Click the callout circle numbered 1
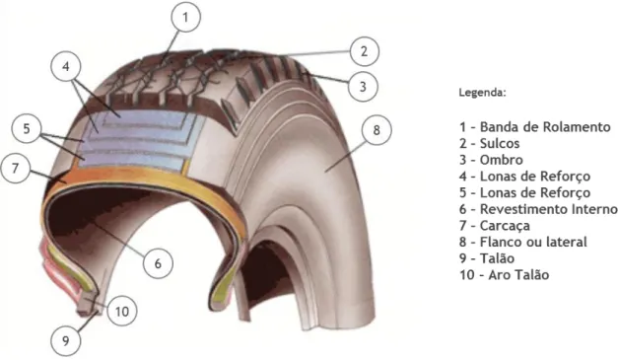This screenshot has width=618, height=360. click(185, 17)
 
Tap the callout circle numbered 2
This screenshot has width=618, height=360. click(364, 51)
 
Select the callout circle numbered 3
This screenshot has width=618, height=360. click(363, 87)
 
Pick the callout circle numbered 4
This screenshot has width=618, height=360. click(66, 66)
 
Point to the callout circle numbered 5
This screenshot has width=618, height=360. click(27, 128)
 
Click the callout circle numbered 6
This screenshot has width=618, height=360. click(158, 263)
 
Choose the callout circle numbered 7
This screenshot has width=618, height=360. click(16, 169)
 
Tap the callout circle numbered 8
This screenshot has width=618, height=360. click(377, 130)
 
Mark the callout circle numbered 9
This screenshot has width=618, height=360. click(66, 340)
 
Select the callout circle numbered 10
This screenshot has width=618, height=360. click(122, 312)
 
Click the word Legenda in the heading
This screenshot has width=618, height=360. click(481, 93)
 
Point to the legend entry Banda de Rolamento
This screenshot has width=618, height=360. click(535, 127)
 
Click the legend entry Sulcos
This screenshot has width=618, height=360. click(489, 143)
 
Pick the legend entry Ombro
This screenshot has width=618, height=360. click(491, 160)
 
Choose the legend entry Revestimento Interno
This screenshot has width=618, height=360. click(538, 209)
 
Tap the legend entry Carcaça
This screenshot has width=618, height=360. click(495, 226)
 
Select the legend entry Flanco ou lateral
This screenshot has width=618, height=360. click(523, 242)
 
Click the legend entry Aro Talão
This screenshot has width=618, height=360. click(504, 275)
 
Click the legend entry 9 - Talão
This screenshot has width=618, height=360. click(487, 258)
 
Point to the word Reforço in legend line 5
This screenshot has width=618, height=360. click(565, 193)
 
